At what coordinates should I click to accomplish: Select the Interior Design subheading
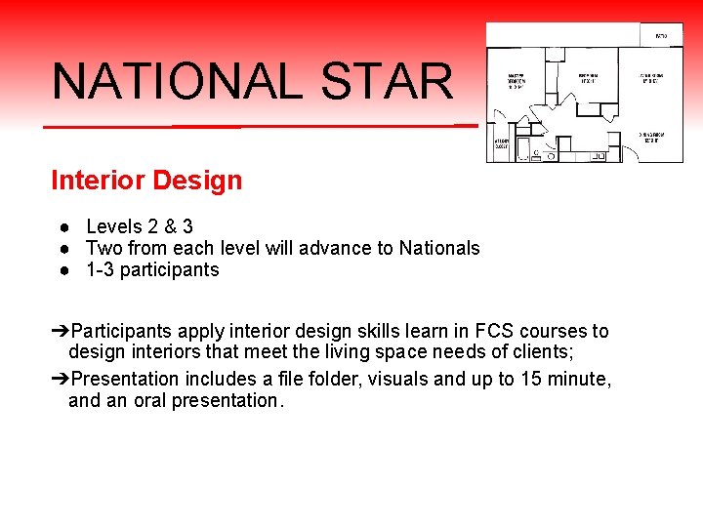point(146,181)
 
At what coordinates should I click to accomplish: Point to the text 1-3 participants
point(152,269)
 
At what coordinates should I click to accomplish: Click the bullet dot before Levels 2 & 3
point(62,227)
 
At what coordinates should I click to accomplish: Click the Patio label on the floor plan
point(661,36)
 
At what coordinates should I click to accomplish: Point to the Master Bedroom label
point(517,79)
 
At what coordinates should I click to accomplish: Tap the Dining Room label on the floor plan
point(653,138)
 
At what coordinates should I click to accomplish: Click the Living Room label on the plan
point(652,77)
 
